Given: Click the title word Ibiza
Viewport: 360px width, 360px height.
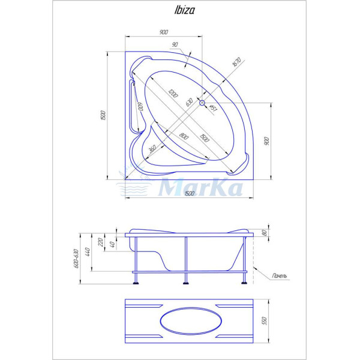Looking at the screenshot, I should (x=179, y=10).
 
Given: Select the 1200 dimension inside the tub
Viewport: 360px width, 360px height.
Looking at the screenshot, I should (x=173, y=94).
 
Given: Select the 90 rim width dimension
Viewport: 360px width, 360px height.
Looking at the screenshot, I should (x=175, y=44).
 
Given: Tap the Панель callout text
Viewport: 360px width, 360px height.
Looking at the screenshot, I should (x=279, y=275).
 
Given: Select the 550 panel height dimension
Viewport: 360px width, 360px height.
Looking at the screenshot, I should (x=264, y=321).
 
